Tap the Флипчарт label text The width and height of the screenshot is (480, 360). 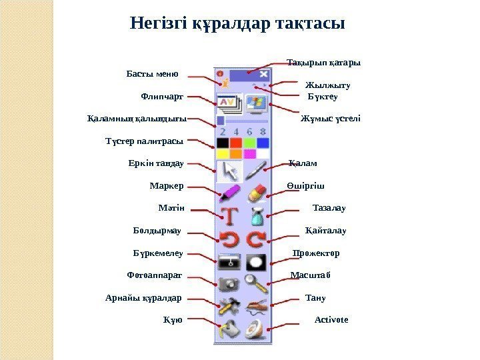pos(162,97)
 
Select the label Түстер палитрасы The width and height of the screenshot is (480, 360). pos(144,141)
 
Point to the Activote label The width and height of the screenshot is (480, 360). pos(331,320)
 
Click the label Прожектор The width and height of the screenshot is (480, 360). pos(316,253)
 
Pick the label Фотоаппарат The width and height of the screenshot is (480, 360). pos(154,275)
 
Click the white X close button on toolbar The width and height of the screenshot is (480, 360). pos(264,74)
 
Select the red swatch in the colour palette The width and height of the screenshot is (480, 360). pos(236,143)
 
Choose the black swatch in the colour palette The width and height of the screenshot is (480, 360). pos(222,143)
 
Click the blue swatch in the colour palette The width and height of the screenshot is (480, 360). pos(263,143)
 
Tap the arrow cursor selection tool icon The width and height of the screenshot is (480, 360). pos(229,171)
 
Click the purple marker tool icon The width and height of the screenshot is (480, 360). pos(229,193)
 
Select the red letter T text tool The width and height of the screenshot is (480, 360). pos(229,217)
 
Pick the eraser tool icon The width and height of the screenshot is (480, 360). pos(257,193)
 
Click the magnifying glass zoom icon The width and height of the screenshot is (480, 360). pos(257,283)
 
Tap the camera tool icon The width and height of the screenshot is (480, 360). pos(229,283)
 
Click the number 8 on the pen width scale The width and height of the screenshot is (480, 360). pos(263,131)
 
